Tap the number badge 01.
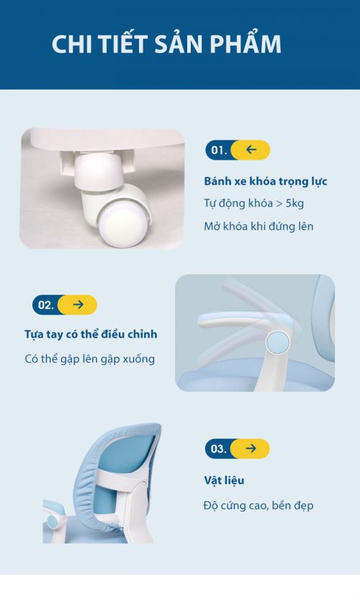[219, 150]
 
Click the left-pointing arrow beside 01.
[251, 150]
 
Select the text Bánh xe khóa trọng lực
[266, 181]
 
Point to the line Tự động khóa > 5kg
[253, 204]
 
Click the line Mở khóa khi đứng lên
[258, 226]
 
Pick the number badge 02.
[46, 305]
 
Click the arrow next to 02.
[78, 305]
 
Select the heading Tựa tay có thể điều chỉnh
[91, 334]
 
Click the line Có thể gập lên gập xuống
[90, 359]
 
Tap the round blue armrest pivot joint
[277, 342]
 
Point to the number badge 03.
[219, 449]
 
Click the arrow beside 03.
[251, 449]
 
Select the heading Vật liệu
[224, 480]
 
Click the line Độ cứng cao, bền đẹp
[258, 505]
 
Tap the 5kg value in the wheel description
[294, 204]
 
